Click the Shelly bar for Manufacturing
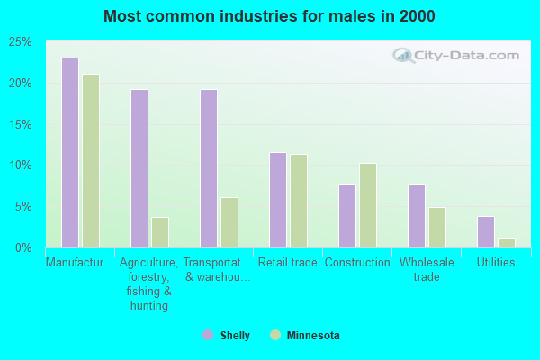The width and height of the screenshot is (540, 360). pyautogui.click(x=70, y=153)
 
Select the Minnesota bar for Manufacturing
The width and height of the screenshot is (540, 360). pyautogui.click(x=91, y=161)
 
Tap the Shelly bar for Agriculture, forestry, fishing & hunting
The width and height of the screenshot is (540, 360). pyautogui.click(x=139, y=168)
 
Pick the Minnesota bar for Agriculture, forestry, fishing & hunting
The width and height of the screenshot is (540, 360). pyautogui.click(x=160, y=232)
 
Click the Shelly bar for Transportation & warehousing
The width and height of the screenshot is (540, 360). pyautogui.click(x=209, y=168)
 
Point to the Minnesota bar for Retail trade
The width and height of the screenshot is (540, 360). pyautogui.click(x=299, y=201)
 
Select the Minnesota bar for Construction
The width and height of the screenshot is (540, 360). pyautogui.click(x=368, y=205)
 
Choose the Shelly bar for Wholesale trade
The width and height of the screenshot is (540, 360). pyautogui.click(x=417, y=216)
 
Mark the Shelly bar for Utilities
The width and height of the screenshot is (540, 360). pyautogui.click(x=486, y=232)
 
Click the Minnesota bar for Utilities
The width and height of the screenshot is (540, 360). pyautogui.click(x=507, y=243)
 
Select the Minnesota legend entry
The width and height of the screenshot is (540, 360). pyautogui.click(x=305, y=336)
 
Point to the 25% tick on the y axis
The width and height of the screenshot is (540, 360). pyautogui.click(x=20, y=42)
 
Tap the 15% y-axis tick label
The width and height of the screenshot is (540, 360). pyautogui.click(x=20, y=124)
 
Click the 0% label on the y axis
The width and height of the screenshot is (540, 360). pyautogui.click(x=23, y=247)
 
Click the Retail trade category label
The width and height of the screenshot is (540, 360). pyautogui.click(x=288, y=263)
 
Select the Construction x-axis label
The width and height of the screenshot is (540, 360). pyautogui.click(x=357, y=263)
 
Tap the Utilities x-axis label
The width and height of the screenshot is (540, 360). pyautogui.click(x=496, y=263)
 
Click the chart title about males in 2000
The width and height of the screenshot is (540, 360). pyautogui.click(x=269, y=16)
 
